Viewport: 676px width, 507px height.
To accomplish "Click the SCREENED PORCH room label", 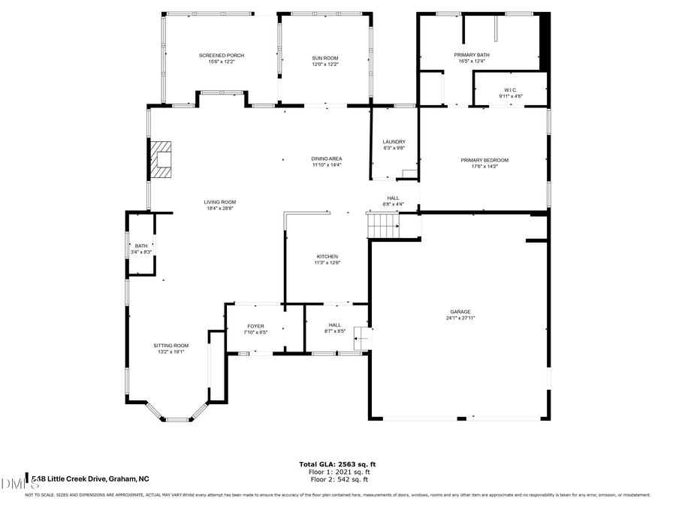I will pyautogui.click(x=221, y=56).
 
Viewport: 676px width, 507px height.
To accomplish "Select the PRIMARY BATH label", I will pyautogui.click(x=472, y=55).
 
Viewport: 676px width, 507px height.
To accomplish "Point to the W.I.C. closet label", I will pyautogui.click(x=512, y=90).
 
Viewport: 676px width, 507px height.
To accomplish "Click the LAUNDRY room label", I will pyautogui.click(x=394, y=141).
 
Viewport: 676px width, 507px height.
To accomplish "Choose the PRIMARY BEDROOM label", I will pyautogui.click(x=484, y=160).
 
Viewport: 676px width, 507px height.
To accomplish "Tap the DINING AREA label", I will pyautogui.click(x=327, y=158).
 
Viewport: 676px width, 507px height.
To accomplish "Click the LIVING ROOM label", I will pyautogui.click(x=220, y=202).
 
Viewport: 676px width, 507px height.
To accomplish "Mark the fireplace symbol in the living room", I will pyautogui.click(x=161, y=159).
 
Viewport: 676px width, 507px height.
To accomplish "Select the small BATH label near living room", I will pyautogui.click(x=141, y=246).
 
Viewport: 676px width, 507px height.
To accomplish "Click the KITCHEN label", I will pyautogui.click(x=327, y=257).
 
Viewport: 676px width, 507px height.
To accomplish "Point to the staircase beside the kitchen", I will pyautogui.click(x=382, y=224).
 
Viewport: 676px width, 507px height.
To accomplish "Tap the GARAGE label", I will pyautogui.click(x=460, y=312).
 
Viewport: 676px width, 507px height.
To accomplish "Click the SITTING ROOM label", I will pyautogui.click(x=171, y=346).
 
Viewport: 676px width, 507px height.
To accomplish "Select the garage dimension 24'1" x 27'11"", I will pyautogui.click(x=460, y=318).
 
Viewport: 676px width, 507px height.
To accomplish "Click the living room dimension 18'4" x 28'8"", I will pyautogui.click(x=220, y=209).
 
